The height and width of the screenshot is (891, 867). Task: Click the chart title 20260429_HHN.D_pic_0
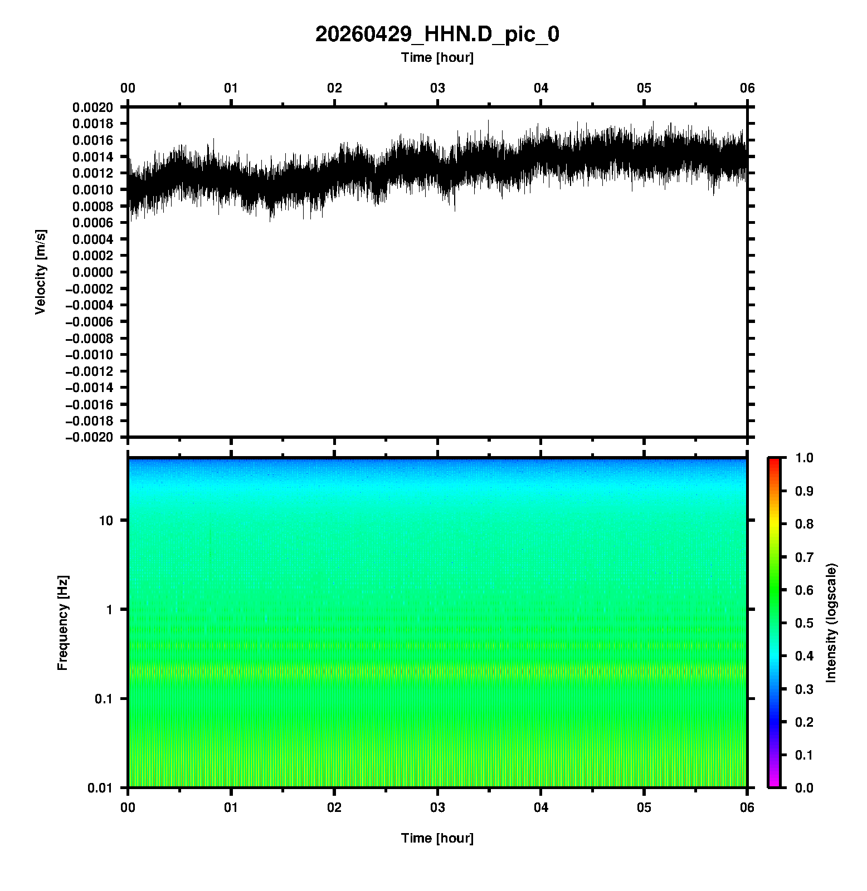click(437, 35)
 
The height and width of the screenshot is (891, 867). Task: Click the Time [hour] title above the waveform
click(437, 57)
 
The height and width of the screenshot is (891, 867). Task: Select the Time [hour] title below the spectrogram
click(437, 838)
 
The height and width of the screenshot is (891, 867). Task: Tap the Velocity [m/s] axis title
click(40, 272)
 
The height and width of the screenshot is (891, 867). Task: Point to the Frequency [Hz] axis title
click(62, 623)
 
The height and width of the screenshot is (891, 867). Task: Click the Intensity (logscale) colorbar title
click(831, 623)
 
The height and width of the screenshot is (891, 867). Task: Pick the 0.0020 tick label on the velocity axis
click(92, 107)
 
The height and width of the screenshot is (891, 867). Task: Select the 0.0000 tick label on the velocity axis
click(92, 272)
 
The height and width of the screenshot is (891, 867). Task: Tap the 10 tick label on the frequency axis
click(106, 521)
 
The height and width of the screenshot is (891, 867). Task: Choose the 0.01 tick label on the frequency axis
click(100, 787)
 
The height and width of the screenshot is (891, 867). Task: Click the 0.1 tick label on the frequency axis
click(103, 699)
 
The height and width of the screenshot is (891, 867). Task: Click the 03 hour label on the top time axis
click(437, 88)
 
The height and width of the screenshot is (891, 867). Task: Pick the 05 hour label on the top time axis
click(644, 88)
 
